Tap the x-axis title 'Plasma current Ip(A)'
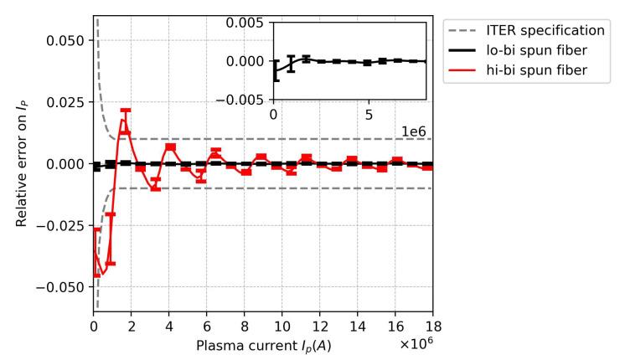click(x=263, y=345)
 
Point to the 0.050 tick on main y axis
click(x=68, y=40)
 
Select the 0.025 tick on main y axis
click(x=68, y=102)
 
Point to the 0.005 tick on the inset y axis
click(x=249, y=23)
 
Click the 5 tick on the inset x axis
click(x=369, y=114)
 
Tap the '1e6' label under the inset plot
click(x=413, y=131)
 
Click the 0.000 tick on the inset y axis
click(x=249, y=61)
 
